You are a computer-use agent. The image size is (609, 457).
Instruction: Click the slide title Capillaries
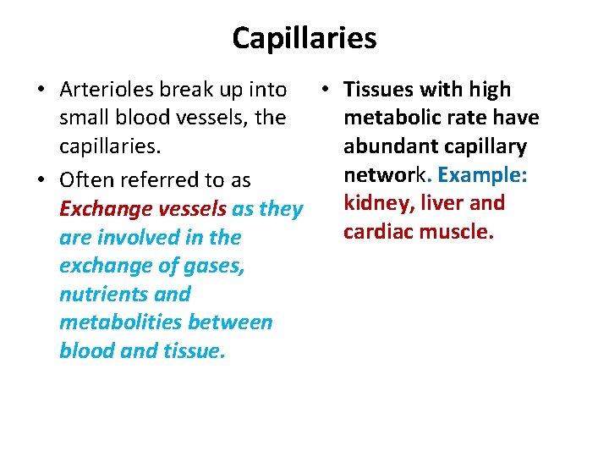[304, 38]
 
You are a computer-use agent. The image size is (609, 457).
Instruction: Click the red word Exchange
[96, 209]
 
